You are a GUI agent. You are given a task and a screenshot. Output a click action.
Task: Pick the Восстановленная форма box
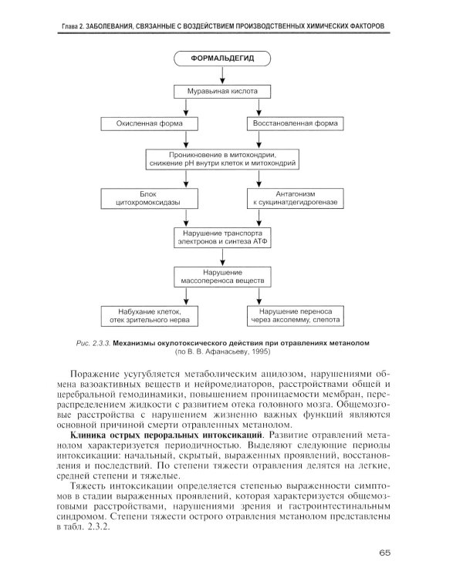tap(296, 123)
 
